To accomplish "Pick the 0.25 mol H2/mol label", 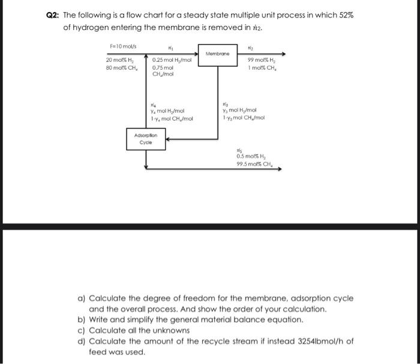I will click(x=172, y=61).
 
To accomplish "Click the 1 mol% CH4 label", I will click(x=262, y=68).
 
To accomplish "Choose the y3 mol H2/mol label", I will click(x=239, y=111).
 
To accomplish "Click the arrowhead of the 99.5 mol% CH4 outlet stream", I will click(x=279, y=169).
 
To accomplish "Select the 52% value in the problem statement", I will click(x=344, y=15).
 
